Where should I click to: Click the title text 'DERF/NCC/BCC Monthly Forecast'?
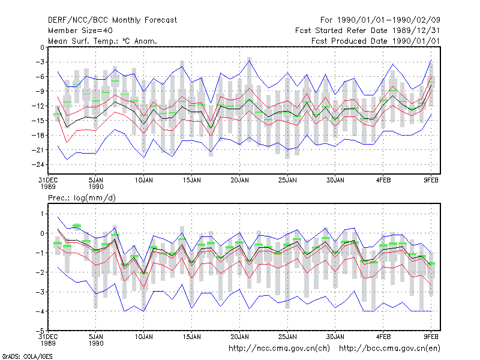112,20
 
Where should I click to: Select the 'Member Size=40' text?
80,31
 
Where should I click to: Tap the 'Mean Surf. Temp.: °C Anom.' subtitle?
102,41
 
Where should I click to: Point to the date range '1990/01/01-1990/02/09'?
389,20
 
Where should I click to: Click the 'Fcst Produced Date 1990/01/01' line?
376,41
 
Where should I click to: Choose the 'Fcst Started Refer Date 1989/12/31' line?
368,31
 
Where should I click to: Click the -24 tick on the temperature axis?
38,164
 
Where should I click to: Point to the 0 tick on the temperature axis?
42,47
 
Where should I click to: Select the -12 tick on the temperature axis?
38,106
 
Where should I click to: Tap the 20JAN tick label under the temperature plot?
239,181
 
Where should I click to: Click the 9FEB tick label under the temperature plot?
431,181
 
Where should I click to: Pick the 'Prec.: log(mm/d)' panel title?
82,198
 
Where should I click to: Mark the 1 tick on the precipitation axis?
42,214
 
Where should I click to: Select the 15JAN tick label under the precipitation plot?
192,337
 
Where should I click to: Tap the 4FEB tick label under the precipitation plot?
383,337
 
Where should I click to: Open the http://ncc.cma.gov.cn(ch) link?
279,349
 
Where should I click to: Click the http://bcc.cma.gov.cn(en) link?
389,349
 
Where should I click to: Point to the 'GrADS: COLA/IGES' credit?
27,356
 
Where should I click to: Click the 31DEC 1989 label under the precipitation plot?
48,340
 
